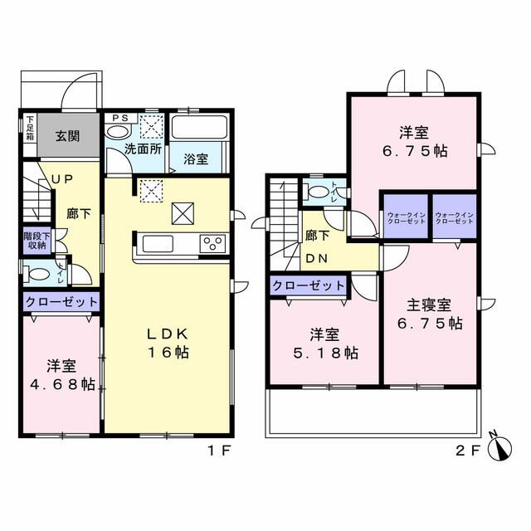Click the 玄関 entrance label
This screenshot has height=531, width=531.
(x=68, y=137)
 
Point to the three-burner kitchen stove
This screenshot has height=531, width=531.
(x=213, y=244)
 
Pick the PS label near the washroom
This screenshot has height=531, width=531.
(x=119, y=119)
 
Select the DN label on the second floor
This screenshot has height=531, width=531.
(x=316, y=257)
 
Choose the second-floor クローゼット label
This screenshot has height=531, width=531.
(x=308, y=285)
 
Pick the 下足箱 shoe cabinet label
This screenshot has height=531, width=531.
(x=29, y=130)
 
